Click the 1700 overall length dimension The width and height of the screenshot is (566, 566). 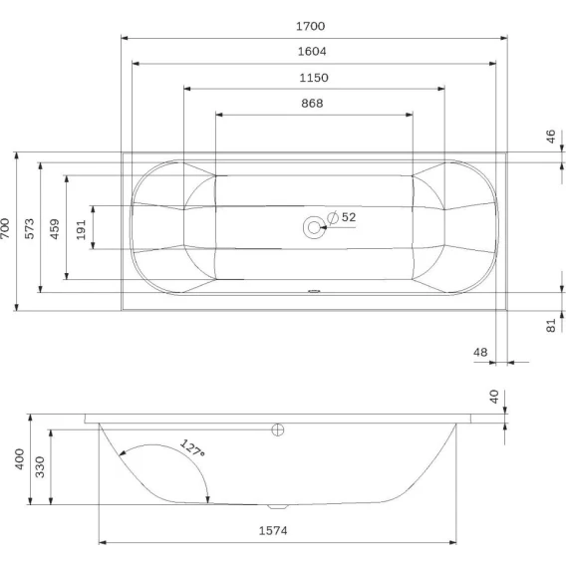click(x=311, y=26)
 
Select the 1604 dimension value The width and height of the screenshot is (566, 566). click(x=312, y=51)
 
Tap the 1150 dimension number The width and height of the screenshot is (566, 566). click(x=314, y=78)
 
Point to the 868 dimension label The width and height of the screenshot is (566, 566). click(x=312, y=104)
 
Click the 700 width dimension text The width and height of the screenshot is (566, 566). click(x=5, y=228)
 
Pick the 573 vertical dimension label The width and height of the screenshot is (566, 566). click(x=29, y=228)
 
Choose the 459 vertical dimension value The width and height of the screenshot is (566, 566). click(x=54, y=229)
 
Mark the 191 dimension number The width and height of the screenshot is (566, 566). click(x=81, y=229)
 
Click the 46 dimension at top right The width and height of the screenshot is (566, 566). click(x=550, y=137)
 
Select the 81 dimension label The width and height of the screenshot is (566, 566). click(x=550, y=326)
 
